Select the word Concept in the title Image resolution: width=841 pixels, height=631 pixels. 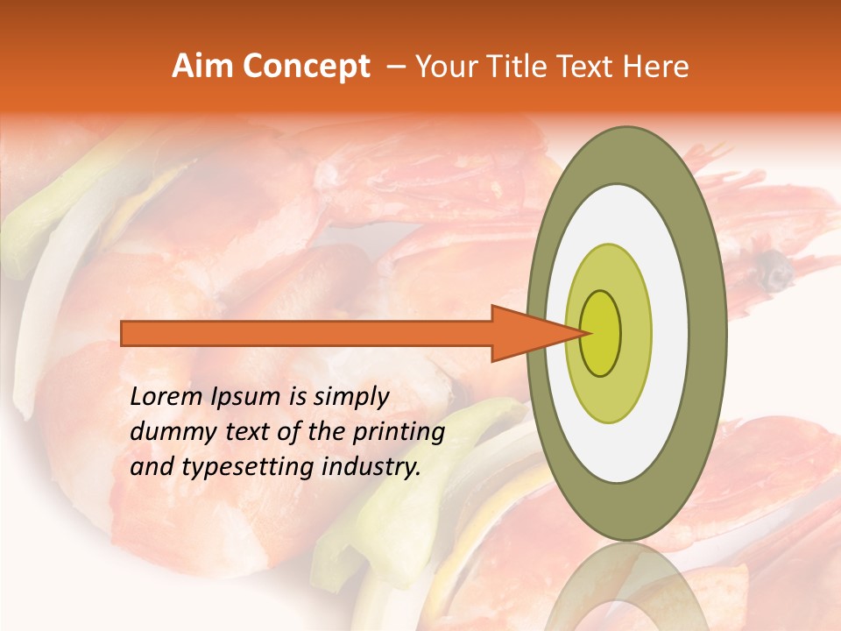click(306, 67)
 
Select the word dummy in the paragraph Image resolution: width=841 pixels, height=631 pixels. click(169, 432)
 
